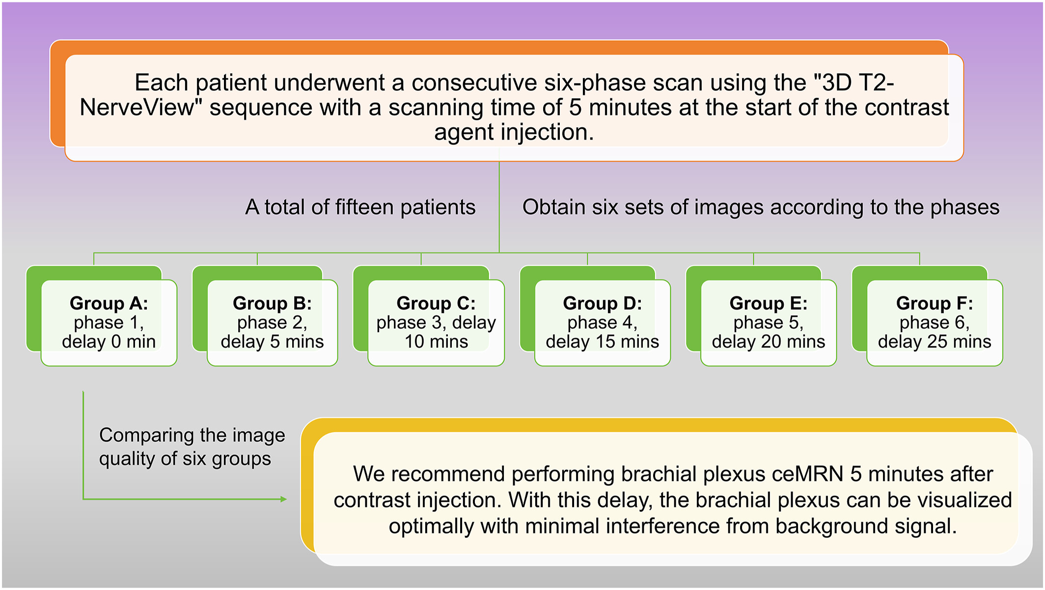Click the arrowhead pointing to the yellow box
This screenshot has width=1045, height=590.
pos(283,499)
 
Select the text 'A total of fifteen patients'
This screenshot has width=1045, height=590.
pos(360,207)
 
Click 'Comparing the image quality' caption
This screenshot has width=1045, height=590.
pos(192,447)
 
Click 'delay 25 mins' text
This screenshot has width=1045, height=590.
pos(935,341)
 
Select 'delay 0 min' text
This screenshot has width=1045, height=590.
pos(109,341)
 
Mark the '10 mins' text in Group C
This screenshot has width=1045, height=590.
pos(436,341)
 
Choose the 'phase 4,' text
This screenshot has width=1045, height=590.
pos(603,323)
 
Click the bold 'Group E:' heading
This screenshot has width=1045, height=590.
pos(769,304)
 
